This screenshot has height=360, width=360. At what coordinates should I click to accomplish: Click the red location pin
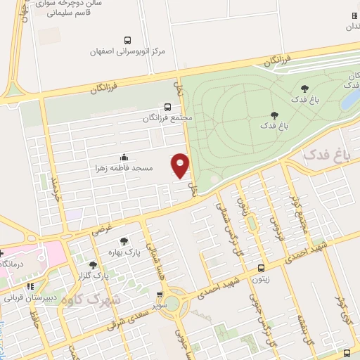coord(181,165)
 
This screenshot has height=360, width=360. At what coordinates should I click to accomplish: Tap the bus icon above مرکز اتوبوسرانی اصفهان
coord(127,40)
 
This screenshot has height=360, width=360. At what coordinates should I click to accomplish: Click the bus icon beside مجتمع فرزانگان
coord(167,107)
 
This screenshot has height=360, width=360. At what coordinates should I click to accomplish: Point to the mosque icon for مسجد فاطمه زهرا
coord(124,157)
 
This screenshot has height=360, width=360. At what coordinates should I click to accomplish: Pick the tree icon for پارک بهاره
coord(125,240)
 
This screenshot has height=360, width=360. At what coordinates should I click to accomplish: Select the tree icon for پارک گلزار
coord(94,265)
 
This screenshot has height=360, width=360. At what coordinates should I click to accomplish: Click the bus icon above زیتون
coord(262,268)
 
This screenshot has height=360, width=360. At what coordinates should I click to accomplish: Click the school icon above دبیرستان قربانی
coord(30,286)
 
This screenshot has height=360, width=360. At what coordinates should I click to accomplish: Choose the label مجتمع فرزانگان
coord(162,119)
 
